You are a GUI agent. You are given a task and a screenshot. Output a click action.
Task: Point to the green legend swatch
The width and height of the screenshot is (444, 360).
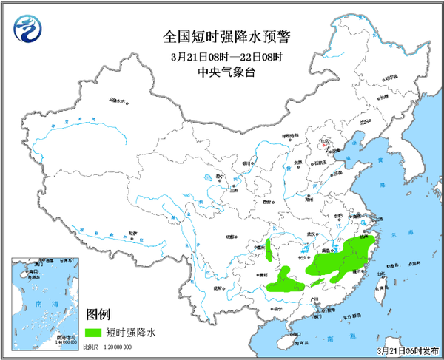[94, 332]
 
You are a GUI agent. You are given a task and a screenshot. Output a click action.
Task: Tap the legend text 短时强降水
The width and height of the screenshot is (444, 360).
[132, 332]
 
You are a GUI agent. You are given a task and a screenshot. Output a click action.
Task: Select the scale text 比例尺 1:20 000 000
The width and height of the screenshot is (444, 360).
[107, 346]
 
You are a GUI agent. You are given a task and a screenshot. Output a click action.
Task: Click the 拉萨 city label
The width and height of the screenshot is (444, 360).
[132, 233]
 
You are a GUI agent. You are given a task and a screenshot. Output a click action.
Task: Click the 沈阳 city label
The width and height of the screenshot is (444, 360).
[363, 122]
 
